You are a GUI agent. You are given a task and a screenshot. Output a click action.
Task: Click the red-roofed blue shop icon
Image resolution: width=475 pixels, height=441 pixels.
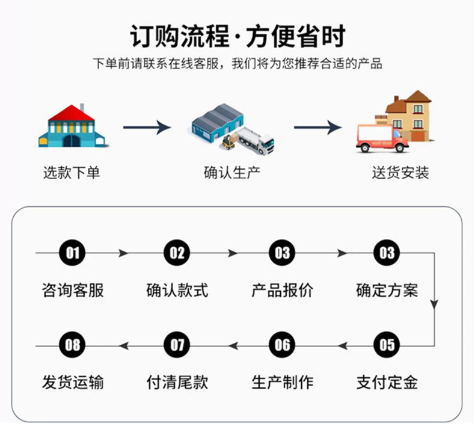(72, 126)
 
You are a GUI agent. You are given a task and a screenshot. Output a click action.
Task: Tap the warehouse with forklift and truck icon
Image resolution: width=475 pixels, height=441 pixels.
(232, 128)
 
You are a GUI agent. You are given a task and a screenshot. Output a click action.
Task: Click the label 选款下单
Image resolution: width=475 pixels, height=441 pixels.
(72, 173)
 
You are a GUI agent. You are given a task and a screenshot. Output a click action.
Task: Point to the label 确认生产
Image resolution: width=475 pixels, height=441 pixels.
(232, 173)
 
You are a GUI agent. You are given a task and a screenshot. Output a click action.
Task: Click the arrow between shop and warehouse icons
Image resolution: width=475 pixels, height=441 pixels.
(147, 128)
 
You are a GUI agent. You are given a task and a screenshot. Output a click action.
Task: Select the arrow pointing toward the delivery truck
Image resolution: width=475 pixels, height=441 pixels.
(317, 128)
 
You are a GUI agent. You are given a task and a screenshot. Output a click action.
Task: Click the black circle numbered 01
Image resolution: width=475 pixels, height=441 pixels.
(73, 253)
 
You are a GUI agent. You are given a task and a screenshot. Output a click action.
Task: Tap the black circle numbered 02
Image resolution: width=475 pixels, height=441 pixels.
(177, 253)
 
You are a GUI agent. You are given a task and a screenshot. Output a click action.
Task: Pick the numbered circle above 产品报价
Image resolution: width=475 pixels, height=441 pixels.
(282, 253)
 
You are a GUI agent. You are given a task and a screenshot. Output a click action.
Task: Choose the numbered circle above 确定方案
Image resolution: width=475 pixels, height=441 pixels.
(387, 253)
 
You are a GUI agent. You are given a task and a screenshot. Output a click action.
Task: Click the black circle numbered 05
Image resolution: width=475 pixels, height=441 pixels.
(387, 345)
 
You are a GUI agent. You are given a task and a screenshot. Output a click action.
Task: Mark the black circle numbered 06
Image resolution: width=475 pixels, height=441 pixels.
(282, 345)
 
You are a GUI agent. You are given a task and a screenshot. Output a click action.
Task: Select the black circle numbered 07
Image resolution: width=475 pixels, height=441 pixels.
(177, 345)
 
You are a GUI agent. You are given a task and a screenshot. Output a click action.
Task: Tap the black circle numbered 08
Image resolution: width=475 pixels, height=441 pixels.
(73, 345)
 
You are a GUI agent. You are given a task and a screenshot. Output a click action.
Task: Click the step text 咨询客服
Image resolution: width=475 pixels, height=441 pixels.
(73, 291)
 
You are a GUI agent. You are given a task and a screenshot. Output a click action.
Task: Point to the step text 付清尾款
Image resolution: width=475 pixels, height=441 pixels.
(177, 382)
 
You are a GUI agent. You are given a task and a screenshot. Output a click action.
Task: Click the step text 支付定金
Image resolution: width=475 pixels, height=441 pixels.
(387, 382)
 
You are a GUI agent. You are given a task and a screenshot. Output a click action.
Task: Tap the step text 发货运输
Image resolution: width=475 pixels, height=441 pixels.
(73, 382)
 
